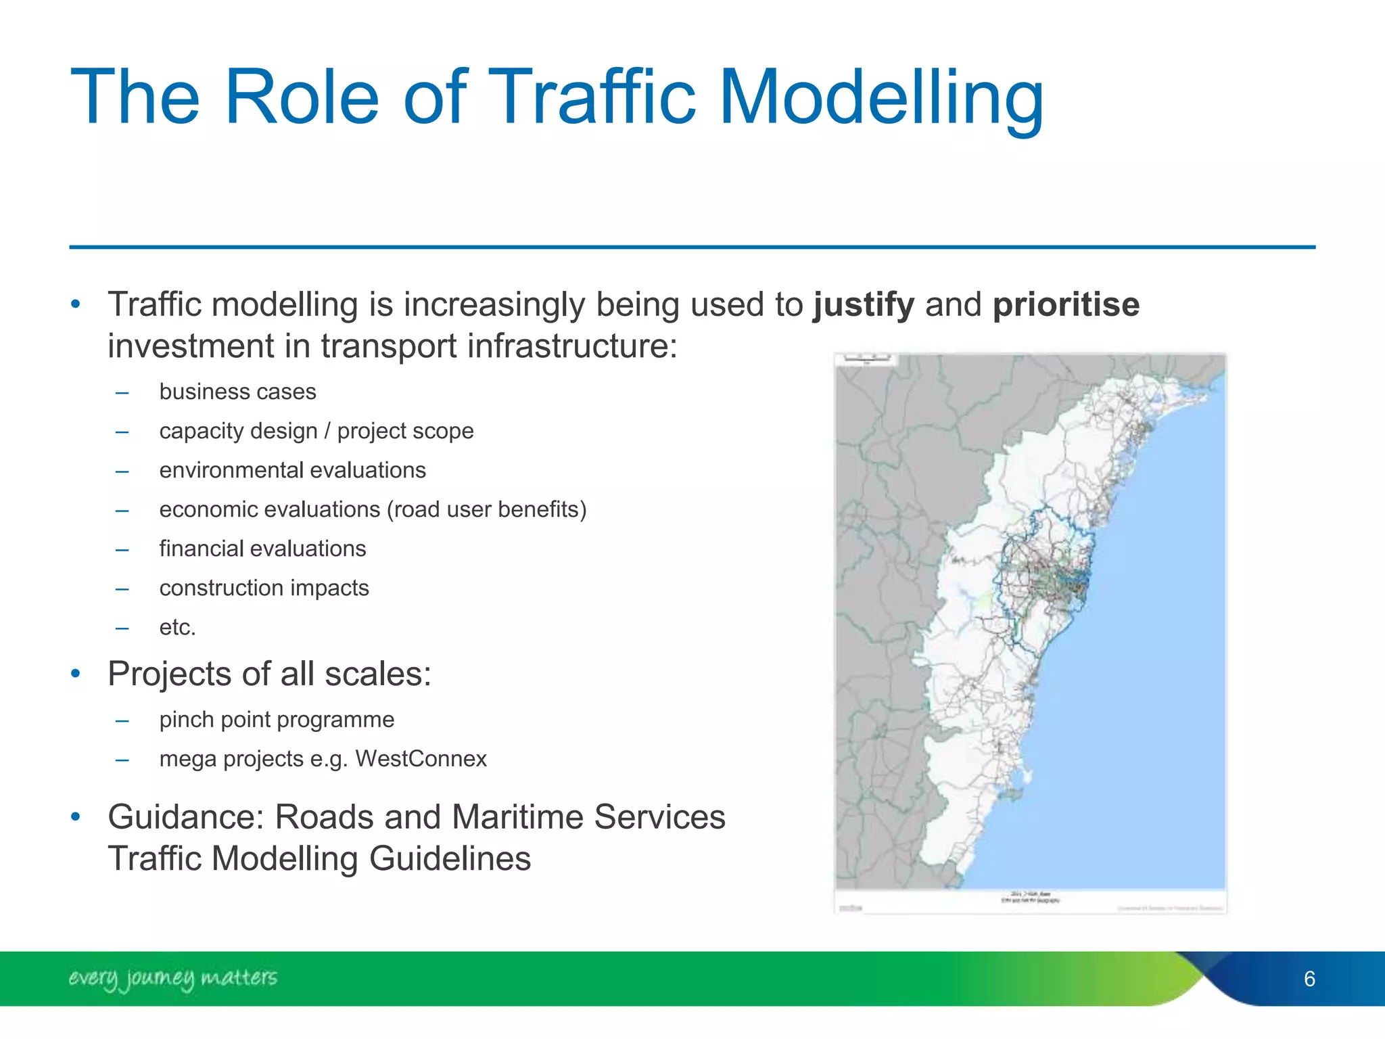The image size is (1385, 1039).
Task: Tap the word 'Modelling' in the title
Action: point(882,99)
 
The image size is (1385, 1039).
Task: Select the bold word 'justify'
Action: point(864,305)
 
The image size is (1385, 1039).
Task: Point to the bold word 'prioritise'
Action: point(1066,305)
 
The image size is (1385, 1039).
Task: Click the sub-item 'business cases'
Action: point(237,392)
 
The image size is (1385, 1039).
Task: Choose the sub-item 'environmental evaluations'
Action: point(292,470)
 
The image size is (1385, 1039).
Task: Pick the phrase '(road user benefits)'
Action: point(487,509)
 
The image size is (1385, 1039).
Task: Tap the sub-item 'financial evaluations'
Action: point(262,549)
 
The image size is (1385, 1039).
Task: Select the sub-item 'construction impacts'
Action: point(264,588)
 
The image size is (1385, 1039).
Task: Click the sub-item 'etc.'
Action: point(177,627)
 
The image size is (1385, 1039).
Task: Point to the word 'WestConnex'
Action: point(421,759)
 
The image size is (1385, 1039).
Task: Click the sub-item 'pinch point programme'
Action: point(277,720)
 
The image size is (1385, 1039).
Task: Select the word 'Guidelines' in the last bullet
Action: point(450,859)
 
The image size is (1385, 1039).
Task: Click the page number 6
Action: point(1309,979)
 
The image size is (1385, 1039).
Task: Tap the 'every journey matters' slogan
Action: point(172,978)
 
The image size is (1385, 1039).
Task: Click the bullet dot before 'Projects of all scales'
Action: point(76,674)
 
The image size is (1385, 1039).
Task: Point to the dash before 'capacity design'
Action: point(122,432)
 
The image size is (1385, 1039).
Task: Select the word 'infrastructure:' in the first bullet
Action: point(572,346)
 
